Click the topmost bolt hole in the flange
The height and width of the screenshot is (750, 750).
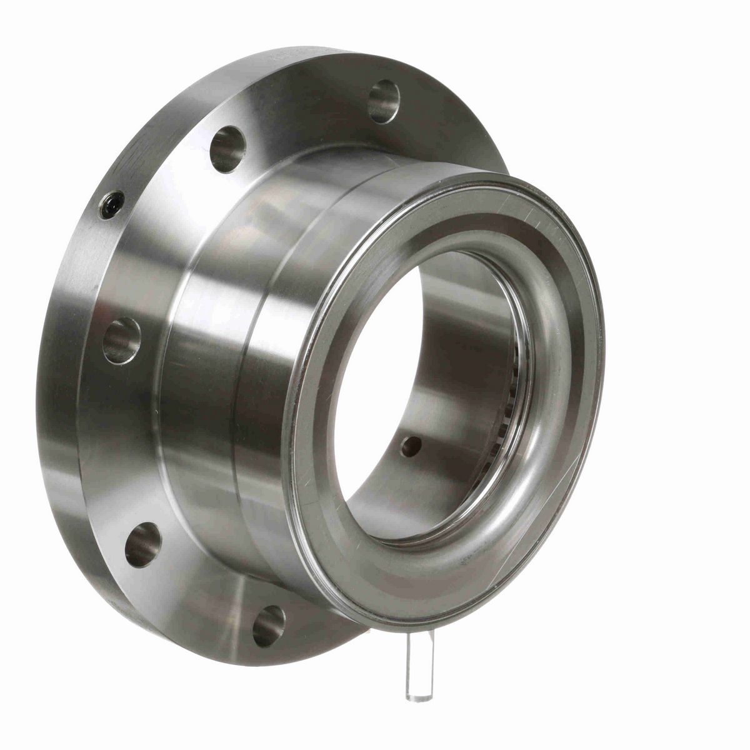coord(384,101)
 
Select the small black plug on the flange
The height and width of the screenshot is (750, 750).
coord(112,205)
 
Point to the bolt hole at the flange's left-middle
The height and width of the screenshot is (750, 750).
coord(121,341)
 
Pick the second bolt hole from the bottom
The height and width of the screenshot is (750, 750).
coord(143,544)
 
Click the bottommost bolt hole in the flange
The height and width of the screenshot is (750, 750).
coord(269,626)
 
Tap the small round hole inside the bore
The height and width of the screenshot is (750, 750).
coord(411,446)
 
